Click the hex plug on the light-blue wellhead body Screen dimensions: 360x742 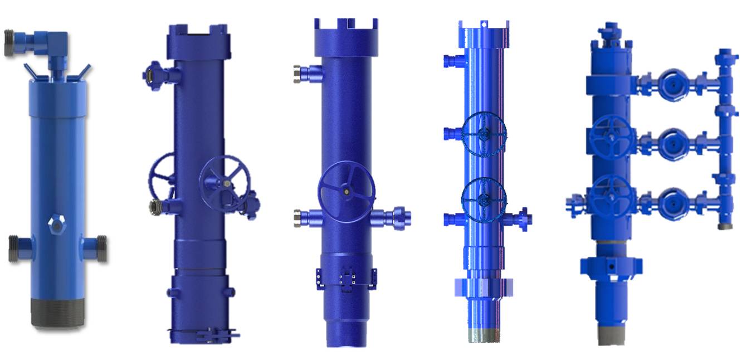point(56,223)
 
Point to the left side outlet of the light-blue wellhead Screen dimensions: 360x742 point(19,248)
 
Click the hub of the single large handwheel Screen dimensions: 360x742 point(346,191)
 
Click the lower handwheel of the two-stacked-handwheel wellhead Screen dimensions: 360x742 point(484,198)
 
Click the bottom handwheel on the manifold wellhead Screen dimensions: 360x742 point(612,197)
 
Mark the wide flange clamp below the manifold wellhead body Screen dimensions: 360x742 point(611,265)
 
